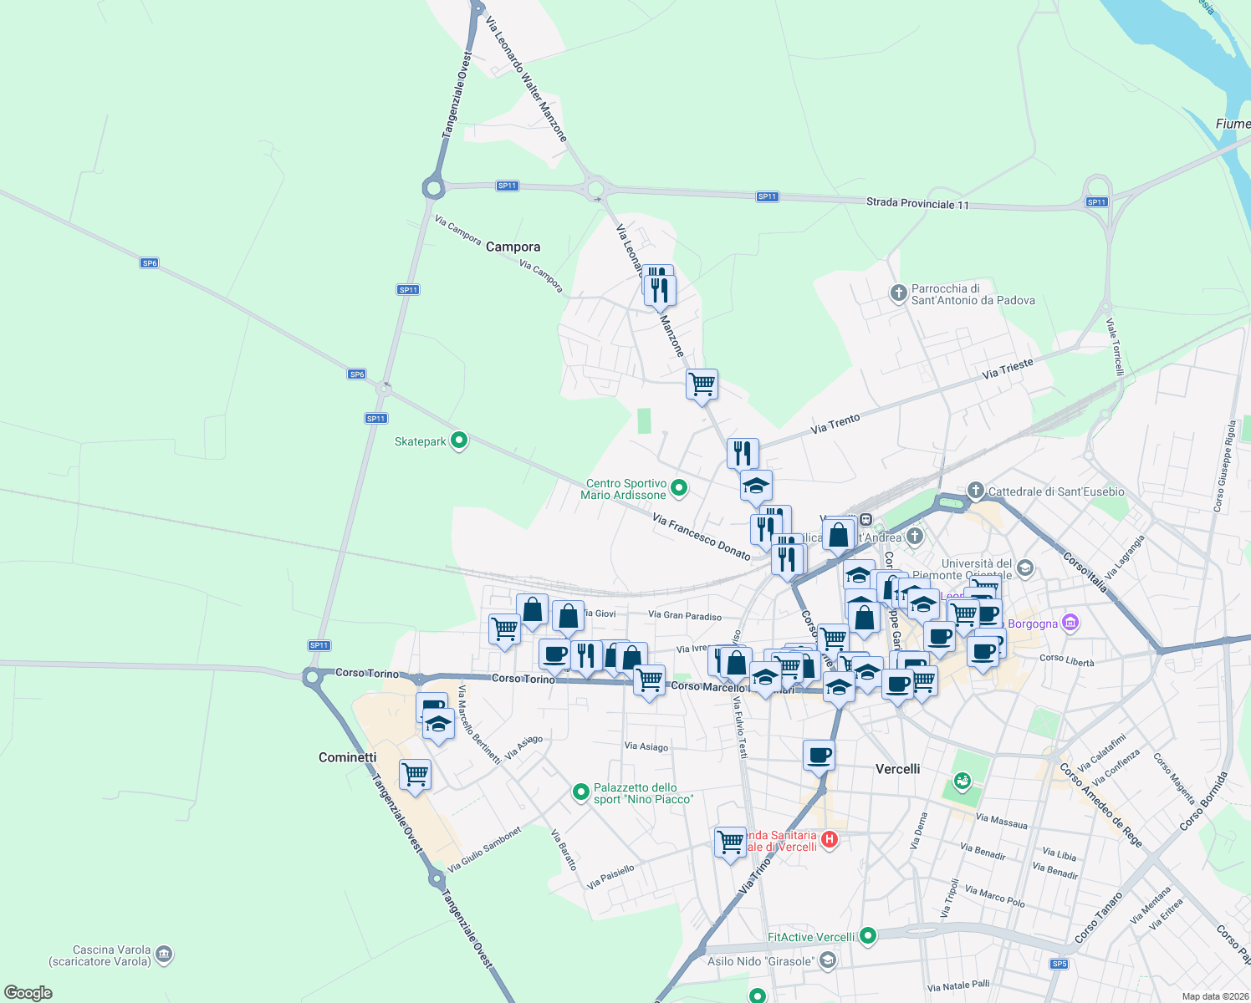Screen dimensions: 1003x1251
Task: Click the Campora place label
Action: tap(513, 247)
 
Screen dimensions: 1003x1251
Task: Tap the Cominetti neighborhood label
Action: tap(348, 757)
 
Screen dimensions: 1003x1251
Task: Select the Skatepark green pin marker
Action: tap(458, 440)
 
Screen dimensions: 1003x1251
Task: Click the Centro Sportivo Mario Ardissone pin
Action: tap(679, 487)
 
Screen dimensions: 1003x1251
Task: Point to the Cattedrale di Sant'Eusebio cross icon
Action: tap(976, 490)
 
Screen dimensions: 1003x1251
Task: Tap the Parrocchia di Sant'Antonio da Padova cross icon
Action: tap(898, 293)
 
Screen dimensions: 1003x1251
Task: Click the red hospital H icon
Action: tap(829, 839)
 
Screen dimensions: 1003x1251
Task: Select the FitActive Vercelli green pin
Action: tap(868, 935)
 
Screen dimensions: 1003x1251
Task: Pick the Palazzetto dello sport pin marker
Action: tap(581, 792)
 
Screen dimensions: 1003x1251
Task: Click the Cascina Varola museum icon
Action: tap(164, 953)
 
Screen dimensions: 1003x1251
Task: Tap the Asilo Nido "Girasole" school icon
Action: tap(827, 960)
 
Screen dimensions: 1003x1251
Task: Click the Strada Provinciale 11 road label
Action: tap(917, 203)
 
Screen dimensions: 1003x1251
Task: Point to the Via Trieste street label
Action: tap(1008, 368)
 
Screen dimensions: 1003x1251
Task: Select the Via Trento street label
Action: tap(835, 424)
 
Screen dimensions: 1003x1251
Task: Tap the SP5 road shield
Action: tap(1060, 964)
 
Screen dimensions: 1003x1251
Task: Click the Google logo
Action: tap(28, 992)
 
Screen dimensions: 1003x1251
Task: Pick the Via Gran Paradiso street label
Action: tap(685, 616)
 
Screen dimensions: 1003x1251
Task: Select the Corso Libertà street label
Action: tap(1066, 659)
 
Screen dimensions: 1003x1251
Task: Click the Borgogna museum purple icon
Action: tap(1070, 623)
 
